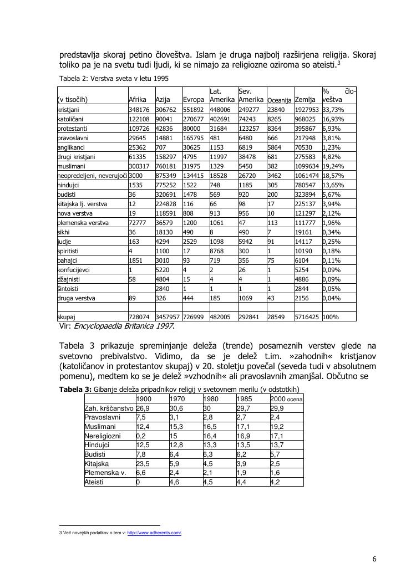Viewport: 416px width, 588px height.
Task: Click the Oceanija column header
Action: point(280,100)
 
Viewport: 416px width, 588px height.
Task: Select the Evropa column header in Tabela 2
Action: point(194,100)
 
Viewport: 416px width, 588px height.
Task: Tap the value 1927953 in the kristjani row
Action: point(307,110)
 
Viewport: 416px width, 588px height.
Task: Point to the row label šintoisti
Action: point(69,289)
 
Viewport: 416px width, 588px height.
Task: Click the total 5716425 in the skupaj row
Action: point(307,317)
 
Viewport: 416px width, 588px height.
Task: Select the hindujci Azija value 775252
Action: point(166,185)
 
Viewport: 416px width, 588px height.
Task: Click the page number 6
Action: point(374,559)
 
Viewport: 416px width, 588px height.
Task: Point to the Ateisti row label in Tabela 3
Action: point(94,482)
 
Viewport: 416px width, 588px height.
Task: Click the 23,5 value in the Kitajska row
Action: point(143,463)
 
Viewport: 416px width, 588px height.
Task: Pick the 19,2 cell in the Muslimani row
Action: point(277,427)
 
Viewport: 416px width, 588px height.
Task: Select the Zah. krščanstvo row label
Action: point(109,408)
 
